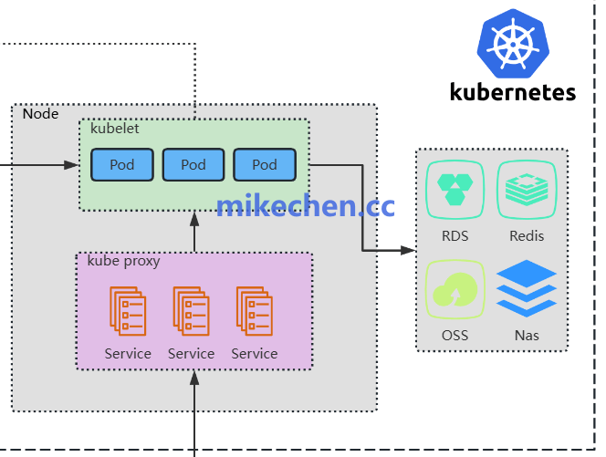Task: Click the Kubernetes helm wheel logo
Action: [514, 42]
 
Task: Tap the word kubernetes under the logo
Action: [513, 91]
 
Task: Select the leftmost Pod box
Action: [121, 165]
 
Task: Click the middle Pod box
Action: [193, 165]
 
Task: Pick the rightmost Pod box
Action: [264, 165]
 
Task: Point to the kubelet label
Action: [115, 129]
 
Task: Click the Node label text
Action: [40, 114]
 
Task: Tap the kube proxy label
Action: [123, 261]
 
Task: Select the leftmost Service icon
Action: [128, 311]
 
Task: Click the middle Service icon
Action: [191, 311]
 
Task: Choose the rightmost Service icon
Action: [255, 311]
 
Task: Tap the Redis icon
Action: [527, 190]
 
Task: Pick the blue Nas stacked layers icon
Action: [527, 289]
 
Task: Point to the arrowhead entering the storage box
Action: [408, 249]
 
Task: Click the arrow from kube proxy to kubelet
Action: [193, 232]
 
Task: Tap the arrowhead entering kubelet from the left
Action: [72, 165]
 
